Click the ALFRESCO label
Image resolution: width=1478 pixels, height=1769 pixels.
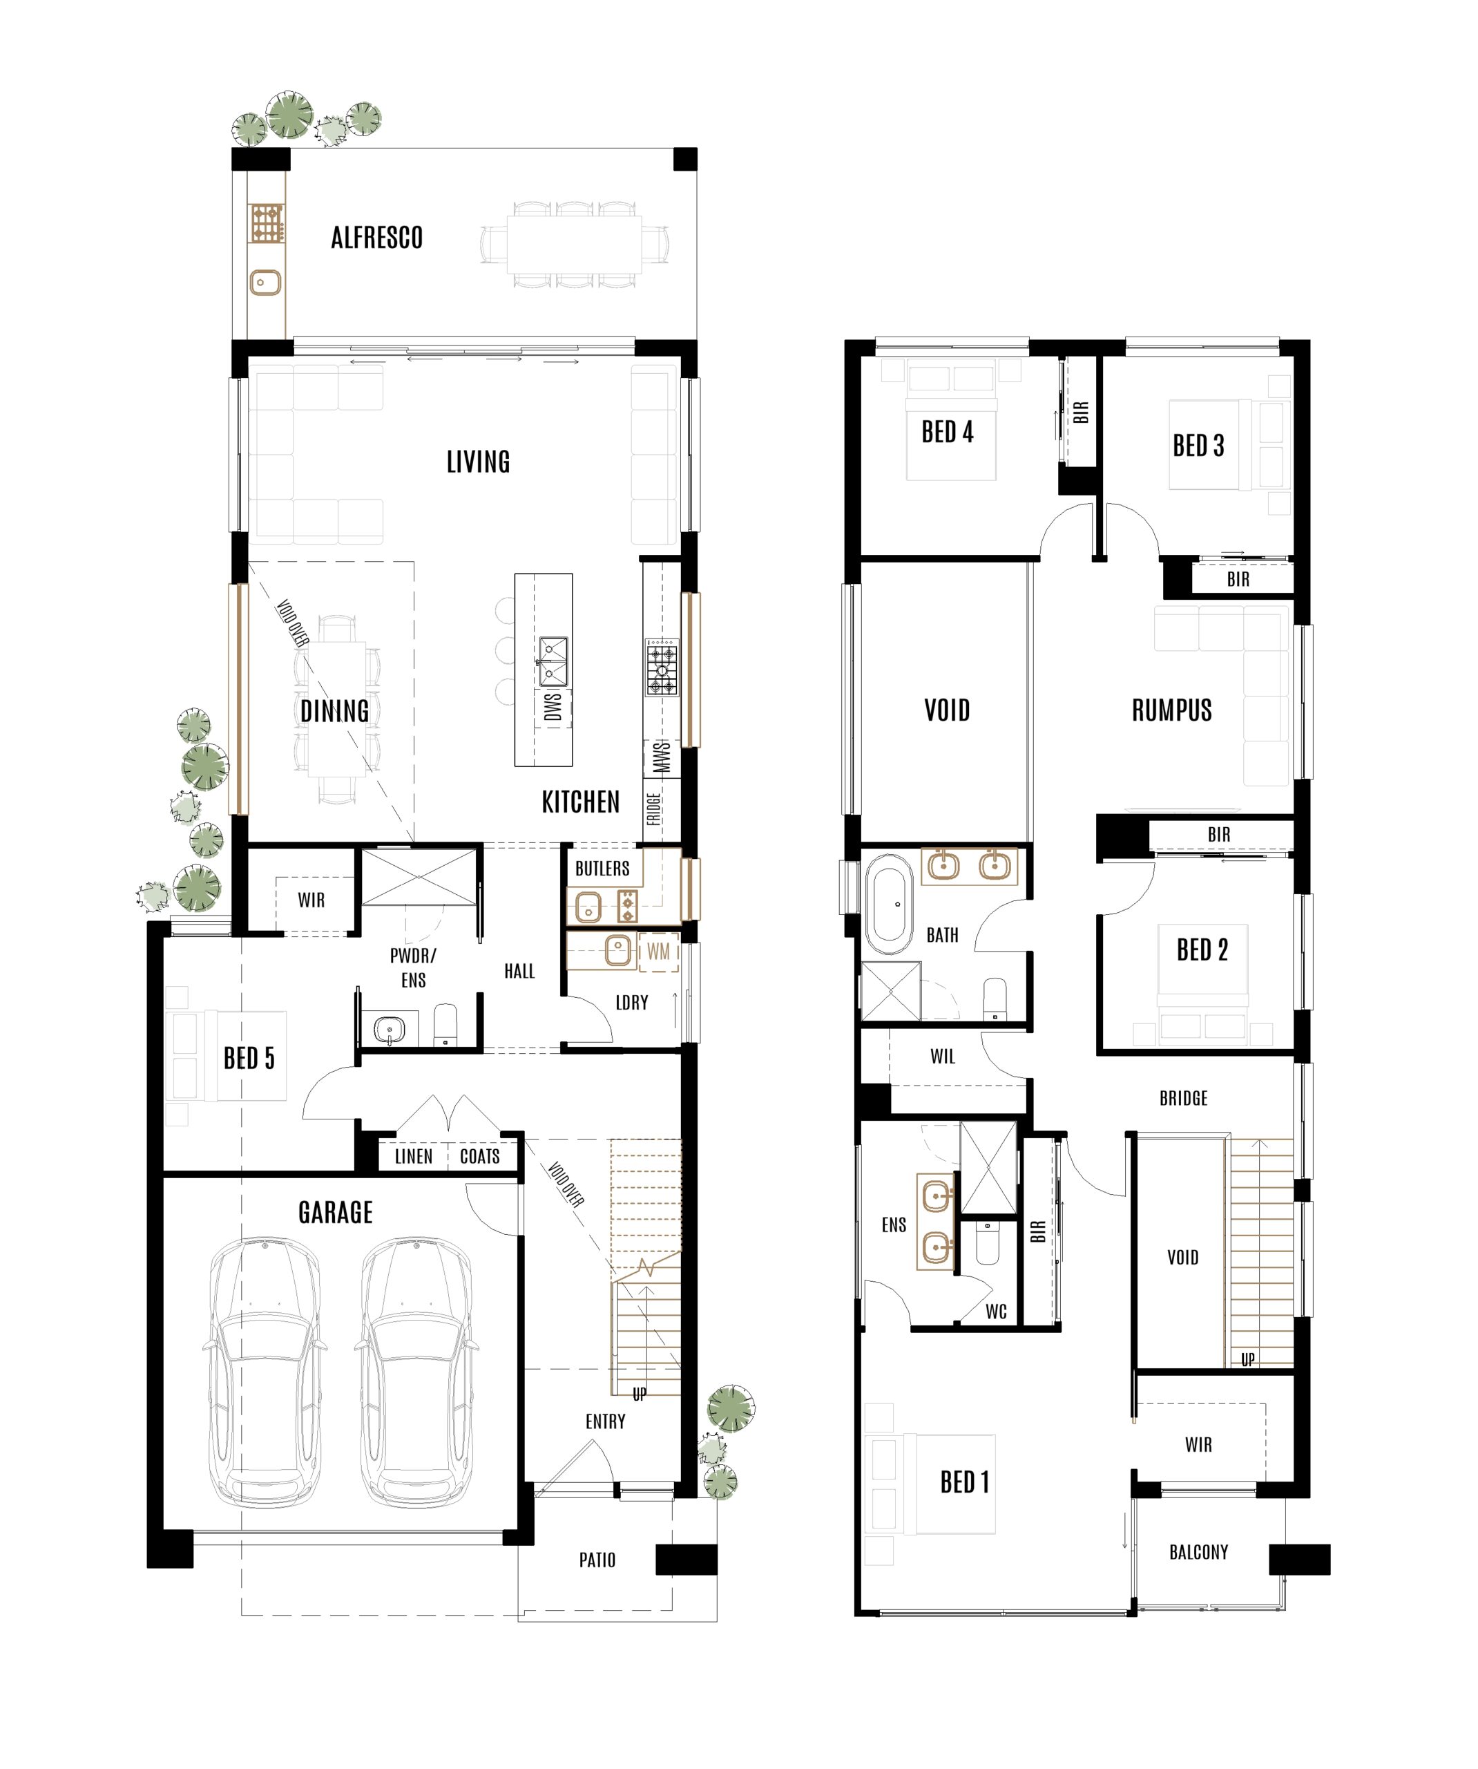(x=376, y=238)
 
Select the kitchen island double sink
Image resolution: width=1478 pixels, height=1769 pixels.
(x=553, y=661)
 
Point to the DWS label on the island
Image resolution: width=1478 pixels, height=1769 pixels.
(x=553, y=708)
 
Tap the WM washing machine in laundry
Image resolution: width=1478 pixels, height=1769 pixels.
(x=658, y=952)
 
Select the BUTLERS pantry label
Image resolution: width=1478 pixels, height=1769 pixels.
(x=602, y=869)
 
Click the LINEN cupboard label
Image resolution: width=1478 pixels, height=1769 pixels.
(x=414, y=1157)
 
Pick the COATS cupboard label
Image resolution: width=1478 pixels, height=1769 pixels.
(x=480, y=1157)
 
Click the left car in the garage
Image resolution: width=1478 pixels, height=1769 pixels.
(x=265, y=1372)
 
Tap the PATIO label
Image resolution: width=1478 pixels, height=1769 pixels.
(x=597, y=1561)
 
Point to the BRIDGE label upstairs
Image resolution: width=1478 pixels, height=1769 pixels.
(x=1183, y=1099)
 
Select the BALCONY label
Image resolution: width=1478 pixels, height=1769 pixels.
(x=1198, y=1553)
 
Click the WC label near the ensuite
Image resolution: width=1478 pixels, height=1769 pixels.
(x=997, y=1312)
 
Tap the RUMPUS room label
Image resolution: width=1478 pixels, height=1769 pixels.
(x=1171, y=711)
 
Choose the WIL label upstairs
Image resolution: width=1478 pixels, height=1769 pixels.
(x=942, y=1057)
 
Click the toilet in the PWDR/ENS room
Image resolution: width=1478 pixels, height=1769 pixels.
(x=445, y=1025)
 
